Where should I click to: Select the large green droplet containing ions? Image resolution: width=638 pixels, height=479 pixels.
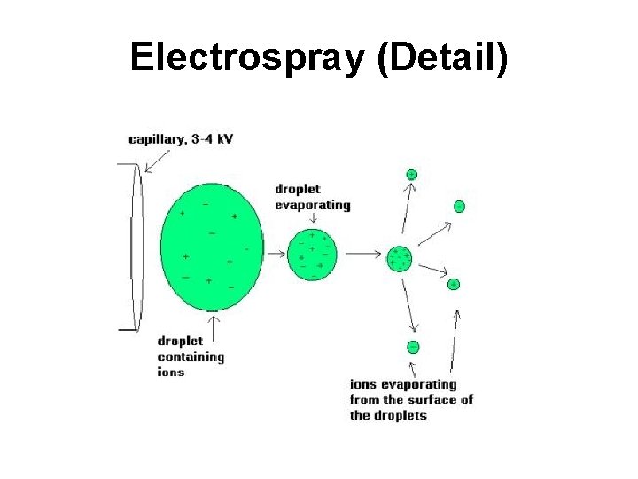point(211,246)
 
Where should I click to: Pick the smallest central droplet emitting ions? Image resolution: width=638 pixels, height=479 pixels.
point(399,259)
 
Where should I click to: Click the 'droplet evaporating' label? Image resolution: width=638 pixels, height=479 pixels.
point(312,197)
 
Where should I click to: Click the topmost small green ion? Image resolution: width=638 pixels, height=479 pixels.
point(411,174)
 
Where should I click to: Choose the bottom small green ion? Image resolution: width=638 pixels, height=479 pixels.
point(413,347)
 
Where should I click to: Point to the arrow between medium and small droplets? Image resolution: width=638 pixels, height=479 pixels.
point(362,255)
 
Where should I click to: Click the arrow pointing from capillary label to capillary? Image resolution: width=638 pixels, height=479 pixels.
point(158,160)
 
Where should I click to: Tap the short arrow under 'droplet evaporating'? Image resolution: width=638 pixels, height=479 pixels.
point(313,219)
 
